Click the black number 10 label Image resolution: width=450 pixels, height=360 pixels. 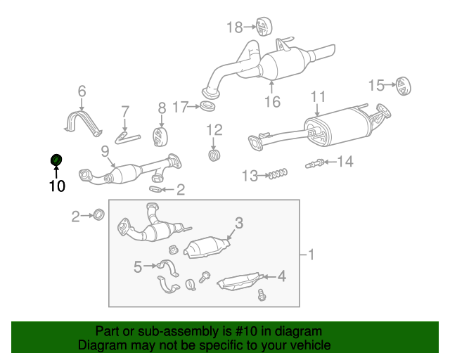pos(56,186)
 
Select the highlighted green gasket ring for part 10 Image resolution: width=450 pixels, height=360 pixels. pos(56,161)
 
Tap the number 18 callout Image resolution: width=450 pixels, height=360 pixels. pos(234,27)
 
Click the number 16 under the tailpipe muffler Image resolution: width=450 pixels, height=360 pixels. pos(272,102)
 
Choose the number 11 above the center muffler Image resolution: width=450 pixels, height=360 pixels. pos(318,96)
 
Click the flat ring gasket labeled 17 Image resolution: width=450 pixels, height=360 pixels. pos(208,107)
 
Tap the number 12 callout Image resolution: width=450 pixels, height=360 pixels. pos(214,129)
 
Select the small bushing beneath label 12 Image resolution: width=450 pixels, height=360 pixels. pos(215,153)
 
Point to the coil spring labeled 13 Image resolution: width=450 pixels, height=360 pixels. pos(278,174)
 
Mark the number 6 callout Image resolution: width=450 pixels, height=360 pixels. pos(82,91)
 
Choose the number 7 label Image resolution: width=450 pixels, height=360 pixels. pos(126,111)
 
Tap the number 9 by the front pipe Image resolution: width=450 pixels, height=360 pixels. pos(104,150)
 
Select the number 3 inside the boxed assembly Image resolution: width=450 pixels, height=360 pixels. pos(238,224)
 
